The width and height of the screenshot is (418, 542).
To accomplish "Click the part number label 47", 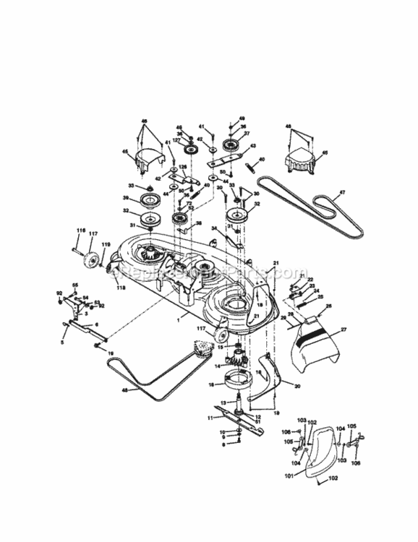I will point(341,194).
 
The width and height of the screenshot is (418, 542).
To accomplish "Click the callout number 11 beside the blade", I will point(210,417).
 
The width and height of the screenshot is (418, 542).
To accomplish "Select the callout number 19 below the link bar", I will point(110,352).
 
